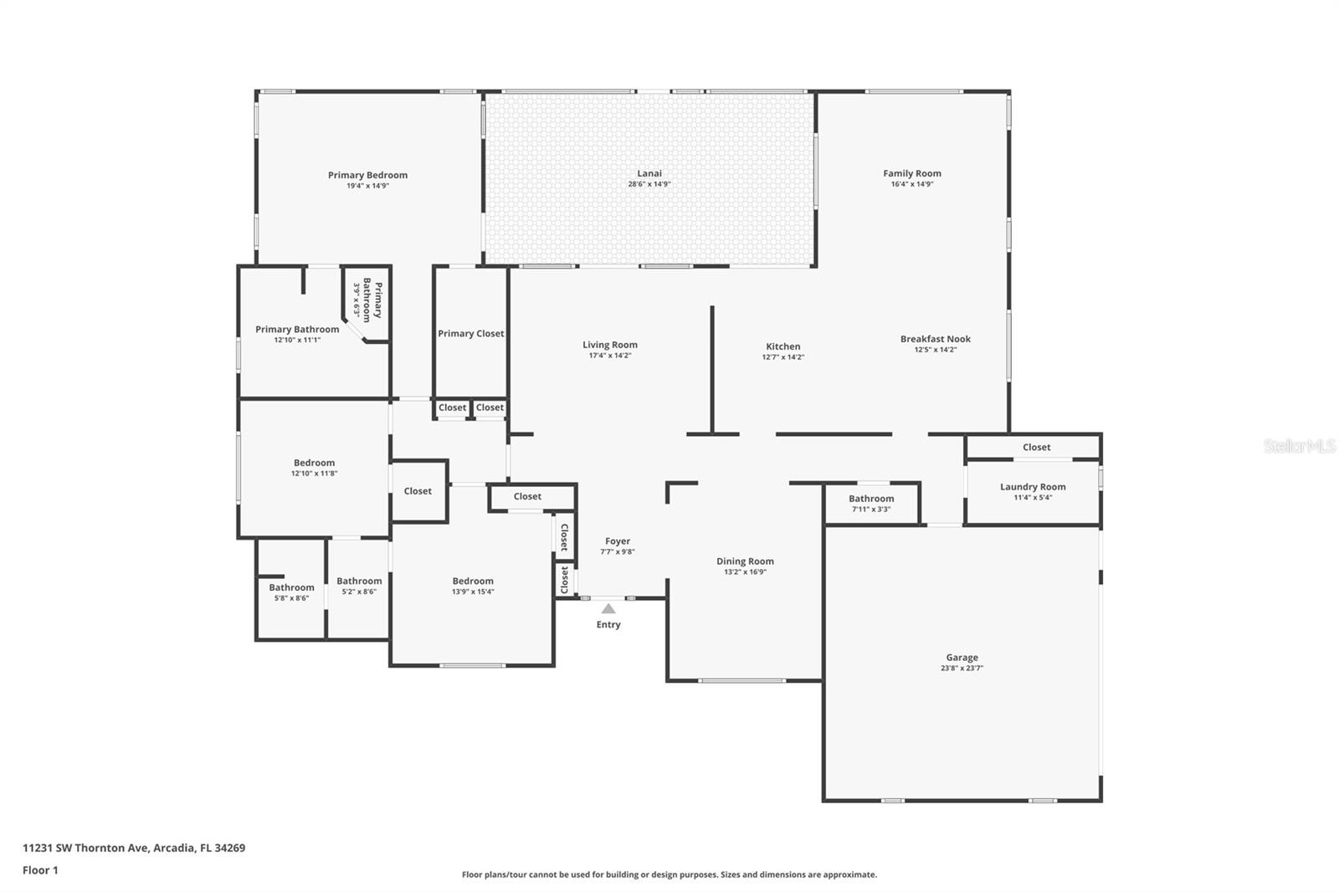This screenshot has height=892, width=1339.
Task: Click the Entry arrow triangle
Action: [608, 608]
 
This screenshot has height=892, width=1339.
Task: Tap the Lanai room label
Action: [649, 173]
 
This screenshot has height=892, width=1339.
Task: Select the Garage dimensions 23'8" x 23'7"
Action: [962, 668]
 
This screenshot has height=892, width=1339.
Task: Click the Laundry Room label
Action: [1033, 487]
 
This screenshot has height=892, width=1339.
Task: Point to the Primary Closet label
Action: [471, 334]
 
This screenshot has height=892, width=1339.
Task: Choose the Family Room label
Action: [912, 173]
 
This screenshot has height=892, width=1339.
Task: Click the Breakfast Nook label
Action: [936, 339]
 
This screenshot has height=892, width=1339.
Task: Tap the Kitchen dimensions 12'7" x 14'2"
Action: [783, 357]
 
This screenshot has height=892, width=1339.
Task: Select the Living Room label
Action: [610, 345]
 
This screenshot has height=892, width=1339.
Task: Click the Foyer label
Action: [618, 541]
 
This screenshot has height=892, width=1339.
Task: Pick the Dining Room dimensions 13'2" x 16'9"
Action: [745, 572]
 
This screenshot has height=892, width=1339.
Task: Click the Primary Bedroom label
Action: [367, 175]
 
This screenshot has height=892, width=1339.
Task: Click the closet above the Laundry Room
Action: [1037, 447]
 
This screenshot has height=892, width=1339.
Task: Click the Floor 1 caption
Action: [41, 870]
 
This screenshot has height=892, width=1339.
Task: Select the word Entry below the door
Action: [608, 624]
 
